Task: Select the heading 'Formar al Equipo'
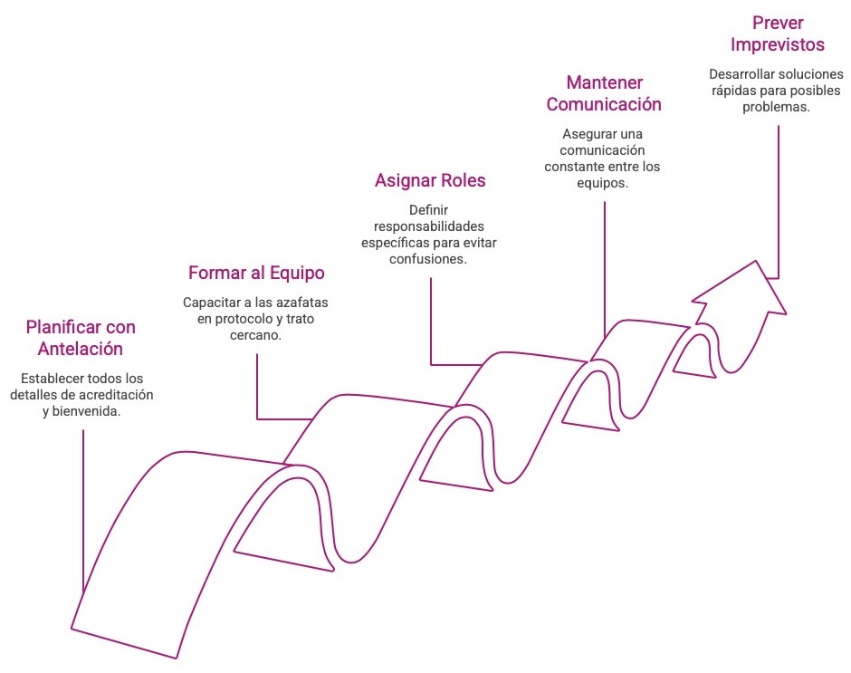(256, 273)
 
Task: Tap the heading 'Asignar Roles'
(430, 180)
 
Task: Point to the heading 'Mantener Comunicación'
(604, 92)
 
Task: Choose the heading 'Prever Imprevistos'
(778, 34)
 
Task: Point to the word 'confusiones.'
(430, 259)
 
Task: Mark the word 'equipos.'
(604, 183)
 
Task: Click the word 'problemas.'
(778, 107)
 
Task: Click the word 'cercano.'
(256, 335)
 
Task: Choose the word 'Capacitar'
(210, 303)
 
